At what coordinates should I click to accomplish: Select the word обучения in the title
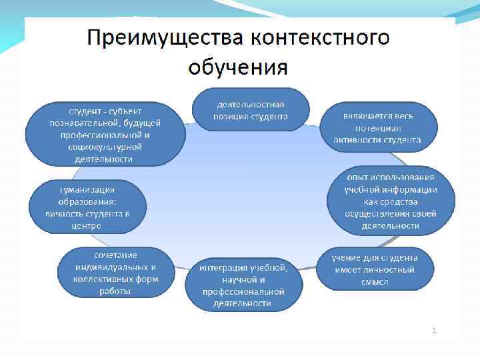pyautogui.click(x=238, y=67)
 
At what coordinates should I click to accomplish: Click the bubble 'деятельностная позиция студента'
pyautogui.click(x=251, y=109)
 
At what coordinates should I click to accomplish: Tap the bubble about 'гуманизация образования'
pyautogui.click(x=87, y=206)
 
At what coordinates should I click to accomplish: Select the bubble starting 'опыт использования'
pyautogui.click(x=391, y=201)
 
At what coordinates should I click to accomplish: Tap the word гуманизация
pyautogui.click(x=87, y=189)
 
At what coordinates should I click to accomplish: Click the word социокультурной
pyautogui.click(x=105, y=146)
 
